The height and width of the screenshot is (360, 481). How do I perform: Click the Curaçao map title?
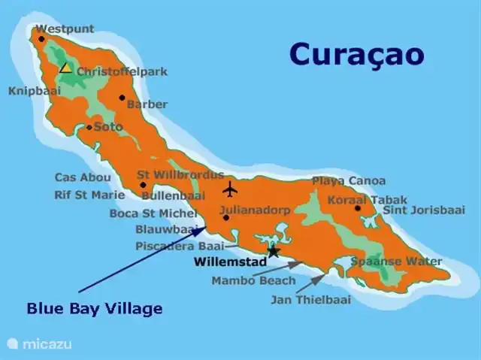[x=356, y=54]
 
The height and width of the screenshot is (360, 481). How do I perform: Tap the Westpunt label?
[x=65, y=29]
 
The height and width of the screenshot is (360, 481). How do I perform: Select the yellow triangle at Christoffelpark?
[x=66, y=68]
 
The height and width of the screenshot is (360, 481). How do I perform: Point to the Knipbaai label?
[x=35, y=92]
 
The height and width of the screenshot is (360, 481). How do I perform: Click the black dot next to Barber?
[x=122, y=97]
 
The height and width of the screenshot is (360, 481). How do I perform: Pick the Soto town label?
[x=107, y=127]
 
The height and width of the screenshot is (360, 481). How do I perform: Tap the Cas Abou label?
[x=83, y=178]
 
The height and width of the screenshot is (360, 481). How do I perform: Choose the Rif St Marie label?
[x=89, y=195]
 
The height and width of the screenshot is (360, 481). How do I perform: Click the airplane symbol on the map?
[x=231, y=188]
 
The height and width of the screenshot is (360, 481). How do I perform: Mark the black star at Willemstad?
[x=274, y=252]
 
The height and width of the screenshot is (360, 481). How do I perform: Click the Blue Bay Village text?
[x=95, y=308]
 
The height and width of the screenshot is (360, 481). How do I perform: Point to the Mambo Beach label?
[x=243, y=281]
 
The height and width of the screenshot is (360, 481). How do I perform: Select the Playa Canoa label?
[x=349, y=181]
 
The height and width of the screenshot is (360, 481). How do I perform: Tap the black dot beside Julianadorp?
[x=225, y=218]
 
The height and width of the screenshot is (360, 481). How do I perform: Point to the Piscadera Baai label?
[x=178, y=246]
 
